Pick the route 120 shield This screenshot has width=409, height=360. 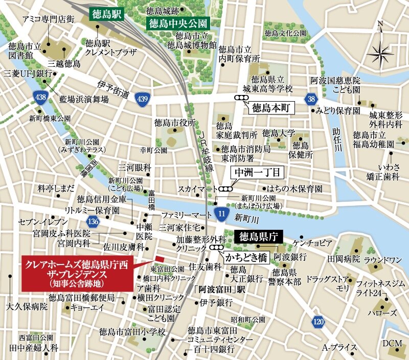[318, 321]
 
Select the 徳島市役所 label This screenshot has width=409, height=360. [175, 123]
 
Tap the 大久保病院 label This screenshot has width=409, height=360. [27, 307]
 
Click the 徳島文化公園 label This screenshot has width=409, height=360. [285, 33]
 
